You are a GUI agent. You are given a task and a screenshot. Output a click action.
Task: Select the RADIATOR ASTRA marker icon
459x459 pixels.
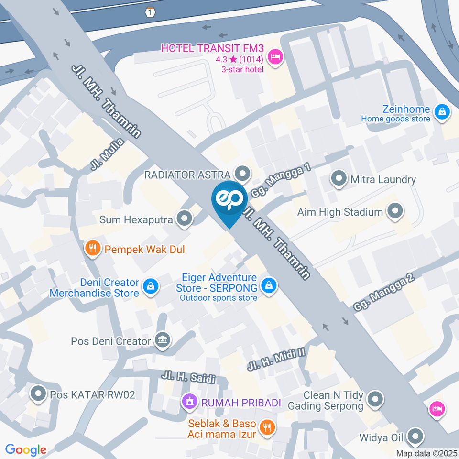point(243,174)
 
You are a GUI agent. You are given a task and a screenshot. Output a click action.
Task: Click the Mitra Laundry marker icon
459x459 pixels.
point(339,179)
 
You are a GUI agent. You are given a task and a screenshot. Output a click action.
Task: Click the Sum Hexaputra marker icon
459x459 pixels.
point(184,219)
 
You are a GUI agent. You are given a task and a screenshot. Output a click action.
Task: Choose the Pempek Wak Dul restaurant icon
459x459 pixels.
point(93,249)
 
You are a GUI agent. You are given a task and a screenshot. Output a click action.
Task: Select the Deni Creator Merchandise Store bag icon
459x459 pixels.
point(151,287)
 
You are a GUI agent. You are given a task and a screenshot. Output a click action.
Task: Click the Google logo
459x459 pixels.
point(26,449)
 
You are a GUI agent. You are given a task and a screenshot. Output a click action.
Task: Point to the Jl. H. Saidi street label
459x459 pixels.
point(188,376)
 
